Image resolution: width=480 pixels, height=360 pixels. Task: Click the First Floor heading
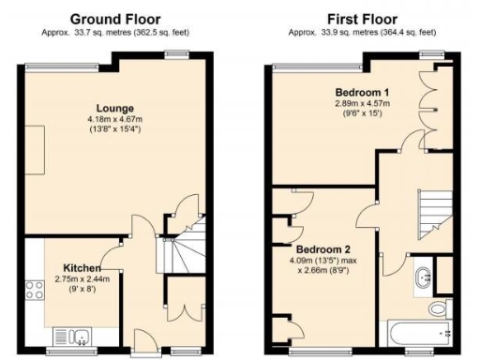[360, 19]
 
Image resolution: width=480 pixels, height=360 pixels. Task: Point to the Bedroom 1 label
[362, 92]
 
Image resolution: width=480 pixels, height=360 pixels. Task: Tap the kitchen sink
[73, 334]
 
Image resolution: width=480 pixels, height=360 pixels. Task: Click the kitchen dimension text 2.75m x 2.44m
[83, 278]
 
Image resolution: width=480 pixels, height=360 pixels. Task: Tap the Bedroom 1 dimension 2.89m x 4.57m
[362, 104]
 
